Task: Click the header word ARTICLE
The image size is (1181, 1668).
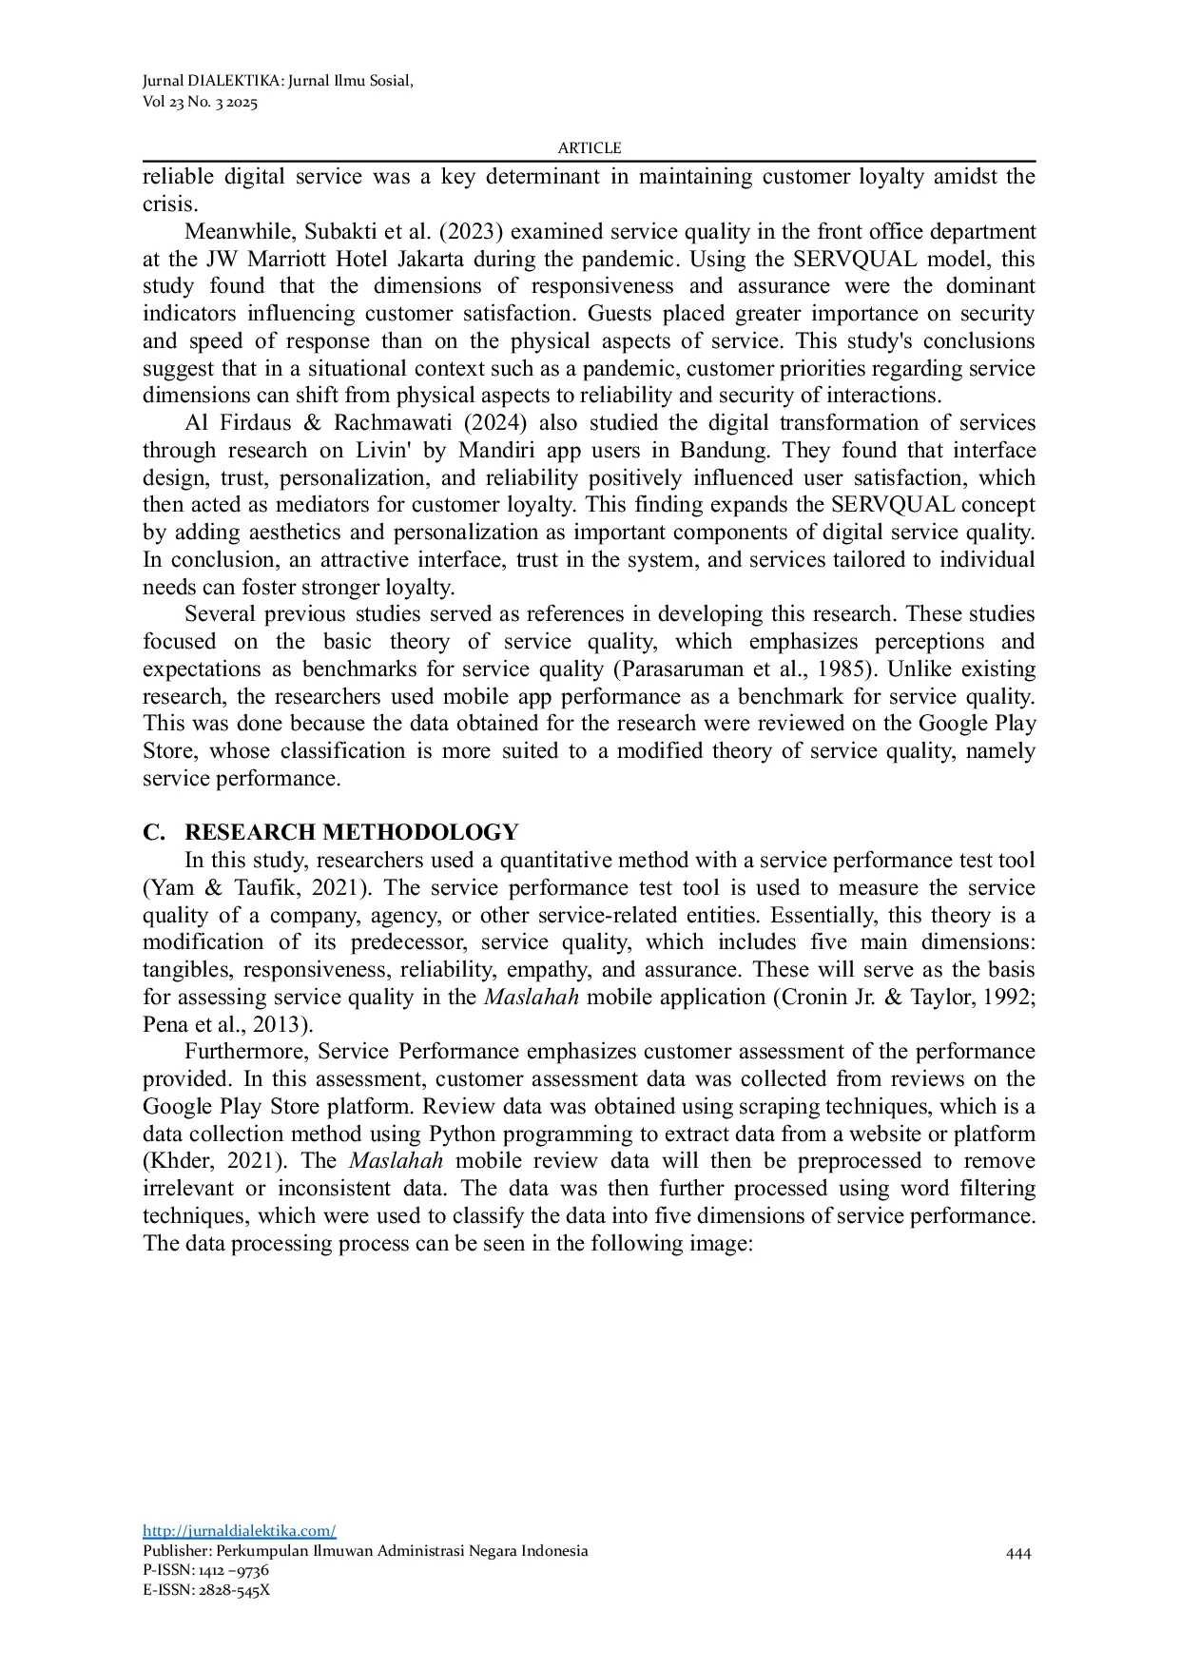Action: click(x=589, y=148)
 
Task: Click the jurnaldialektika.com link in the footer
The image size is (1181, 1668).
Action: click(x=239, y=1531)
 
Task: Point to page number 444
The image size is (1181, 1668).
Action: click(x=1017, y=1554)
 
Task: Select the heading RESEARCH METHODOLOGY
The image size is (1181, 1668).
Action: click(x=351, y=832)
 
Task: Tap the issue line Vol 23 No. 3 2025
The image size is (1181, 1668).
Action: click(x=200, y=103)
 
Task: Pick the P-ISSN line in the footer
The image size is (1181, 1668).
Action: click(x=205, y=1570)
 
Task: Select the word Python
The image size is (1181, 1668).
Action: click(x=462, y=1135)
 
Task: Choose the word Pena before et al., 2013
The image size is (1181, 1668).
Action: click(x=165, y=1025)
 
